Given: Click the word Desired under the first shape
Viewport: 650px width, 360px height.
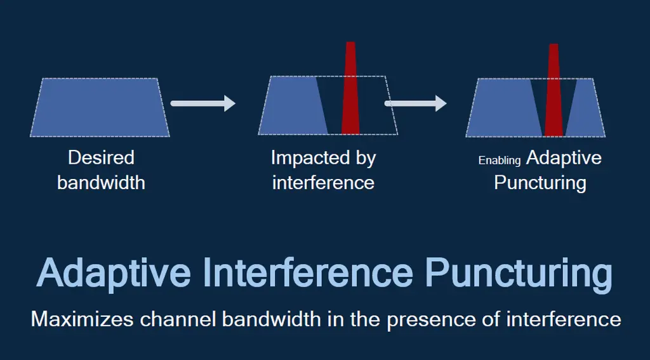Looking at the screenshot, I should tap(101, 157).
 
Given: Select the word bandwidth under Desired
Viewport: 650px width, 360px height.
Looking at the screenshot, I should tap(101, 183).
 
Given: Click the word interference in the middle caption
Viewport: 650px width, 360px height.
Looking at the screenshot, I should tap(323, 183).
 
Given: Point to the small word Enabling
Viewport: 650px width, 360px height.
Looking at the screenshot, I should tap(500, 161).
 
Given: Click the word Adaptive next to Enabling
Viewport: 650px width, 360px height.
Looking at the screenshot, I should tap(564, 157).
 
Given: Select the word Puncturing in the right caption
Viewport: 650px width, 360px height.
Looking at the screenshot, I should tap(540, 183).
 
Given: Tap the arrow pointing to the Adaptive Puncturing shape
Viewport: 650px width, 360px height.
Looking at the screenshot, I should tap(416, 103).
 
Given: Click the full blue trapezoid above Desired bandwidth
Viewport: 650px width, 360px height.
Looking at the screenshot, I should tap(100, 107).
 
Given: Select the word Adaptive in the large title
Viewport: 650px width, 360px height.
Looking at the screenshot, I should tap(114, 273).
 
